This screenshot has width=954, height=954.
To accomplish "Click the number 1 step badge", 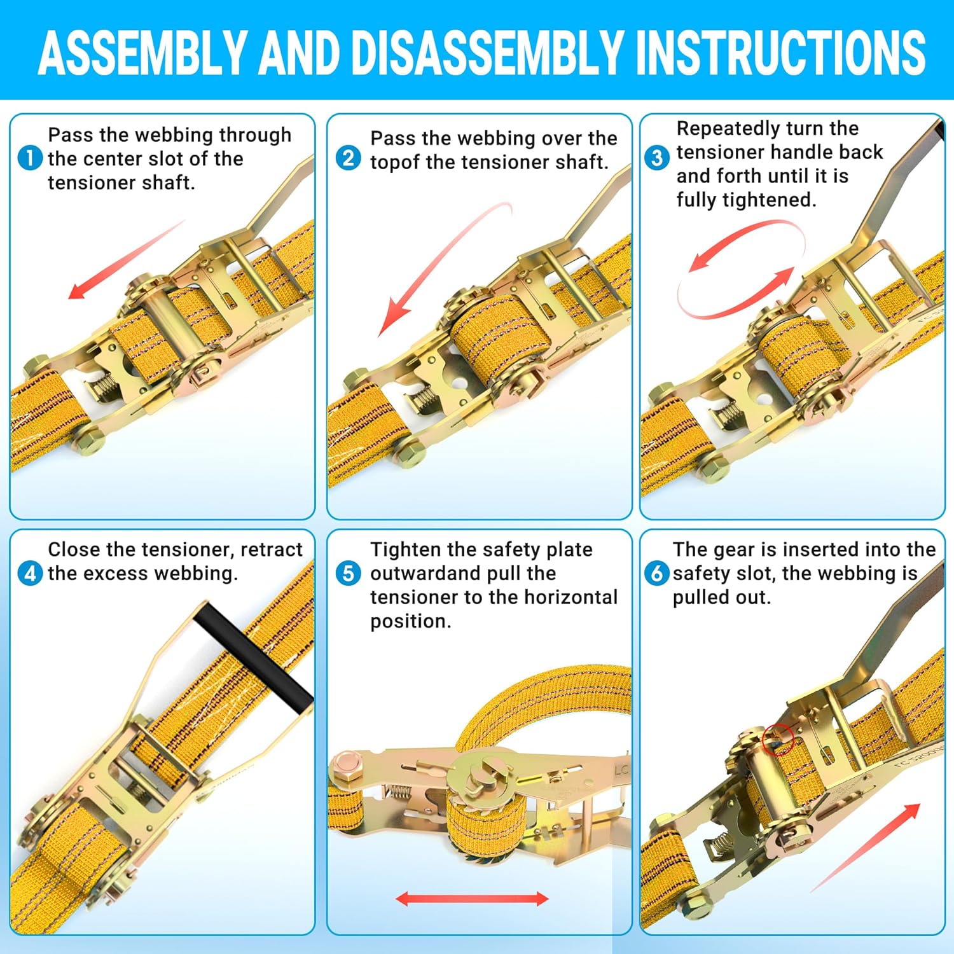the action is tap(30, 158).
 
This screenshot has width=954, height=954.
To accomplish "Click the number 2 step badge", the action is tap(348, 158).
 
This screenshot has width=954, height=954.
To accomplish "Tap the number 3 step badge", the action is tap(657, 158).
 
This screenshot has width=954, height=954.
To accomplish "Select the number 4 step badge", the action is tap(30, 573).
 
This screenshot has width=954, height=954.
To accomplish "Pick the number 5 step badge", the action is tap(348, 573).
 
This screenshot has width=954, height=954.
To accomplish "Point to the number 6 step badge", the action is tap(657, 573).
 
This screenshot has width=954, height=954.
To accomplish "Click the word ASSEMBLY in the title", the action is tap(142, 52).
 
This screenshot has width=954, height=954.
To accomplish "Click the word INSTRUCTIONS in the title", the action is tap(780, 52).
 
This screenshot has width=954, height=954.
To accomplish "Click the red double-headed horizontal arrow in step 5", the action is tap(472, 899).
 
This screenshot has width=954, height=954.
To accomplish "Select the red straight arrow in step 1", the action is tap(127, 259).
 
